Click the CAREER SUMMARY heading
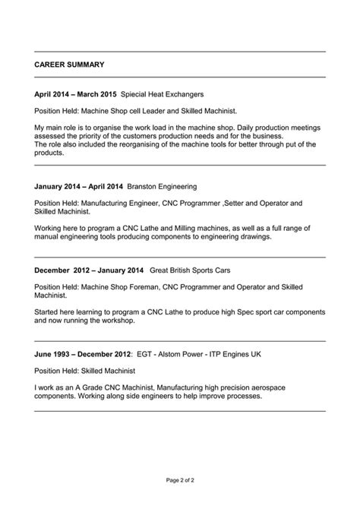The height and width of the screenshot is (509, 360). pos(70,65)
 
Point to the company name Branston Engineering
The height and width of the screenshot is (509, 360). pos(162,185)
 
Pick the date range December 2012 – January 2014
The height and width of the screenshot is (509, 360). pos(89,270)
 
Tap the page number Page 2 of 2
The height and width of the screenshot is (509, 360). pos(180,480)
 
